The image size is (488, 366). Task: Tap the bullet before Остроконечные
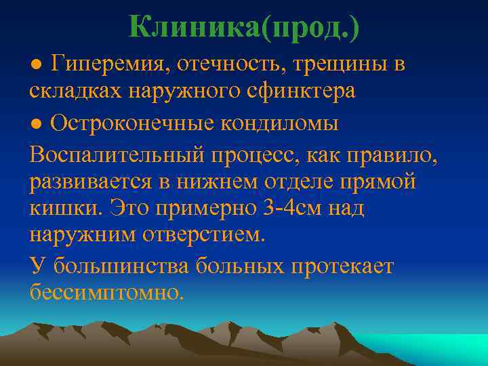click(x=36, y=125)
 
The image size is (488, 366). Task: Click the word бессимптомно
click(x=106, y=293)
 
